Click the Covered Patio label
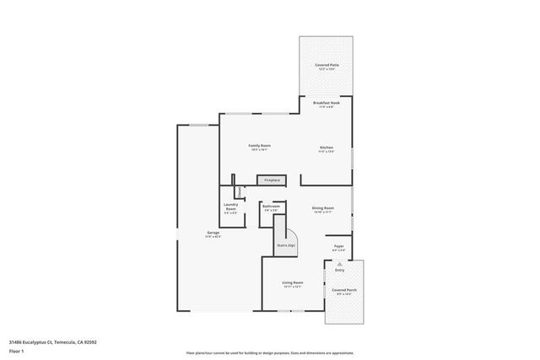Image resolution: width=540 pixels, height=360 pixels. pos(327,64)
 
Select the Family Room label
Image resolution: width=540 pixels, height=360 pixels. pos(258,146)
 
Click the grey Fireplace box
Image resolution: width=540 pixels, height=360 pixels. pos(272,180)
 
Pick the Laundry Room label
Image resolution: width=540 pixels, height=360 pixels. pos(230,206)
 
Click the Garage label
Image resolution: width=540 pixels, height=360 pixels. pos(213,233)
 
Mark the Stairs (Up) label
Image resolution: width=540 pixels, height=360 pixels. pos(286,245)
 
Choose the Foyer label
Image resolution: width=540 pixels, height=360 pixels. pos(337,247)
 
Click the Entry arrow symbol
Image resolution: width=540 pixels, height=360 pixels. pos(339,263)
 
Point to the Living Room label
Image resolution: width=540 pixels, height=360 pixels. pos(292,283)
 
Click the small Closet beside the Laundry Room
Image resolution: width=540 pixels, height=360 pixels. pos(240,191)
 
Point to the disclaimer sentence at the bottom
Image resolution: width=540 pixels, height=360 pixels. pos(270,352)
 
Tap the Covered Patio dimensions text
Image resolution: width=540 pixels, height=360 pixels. pos(327,69)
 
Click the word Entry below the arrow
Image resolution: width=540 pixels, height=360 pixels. pos(339,270)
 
